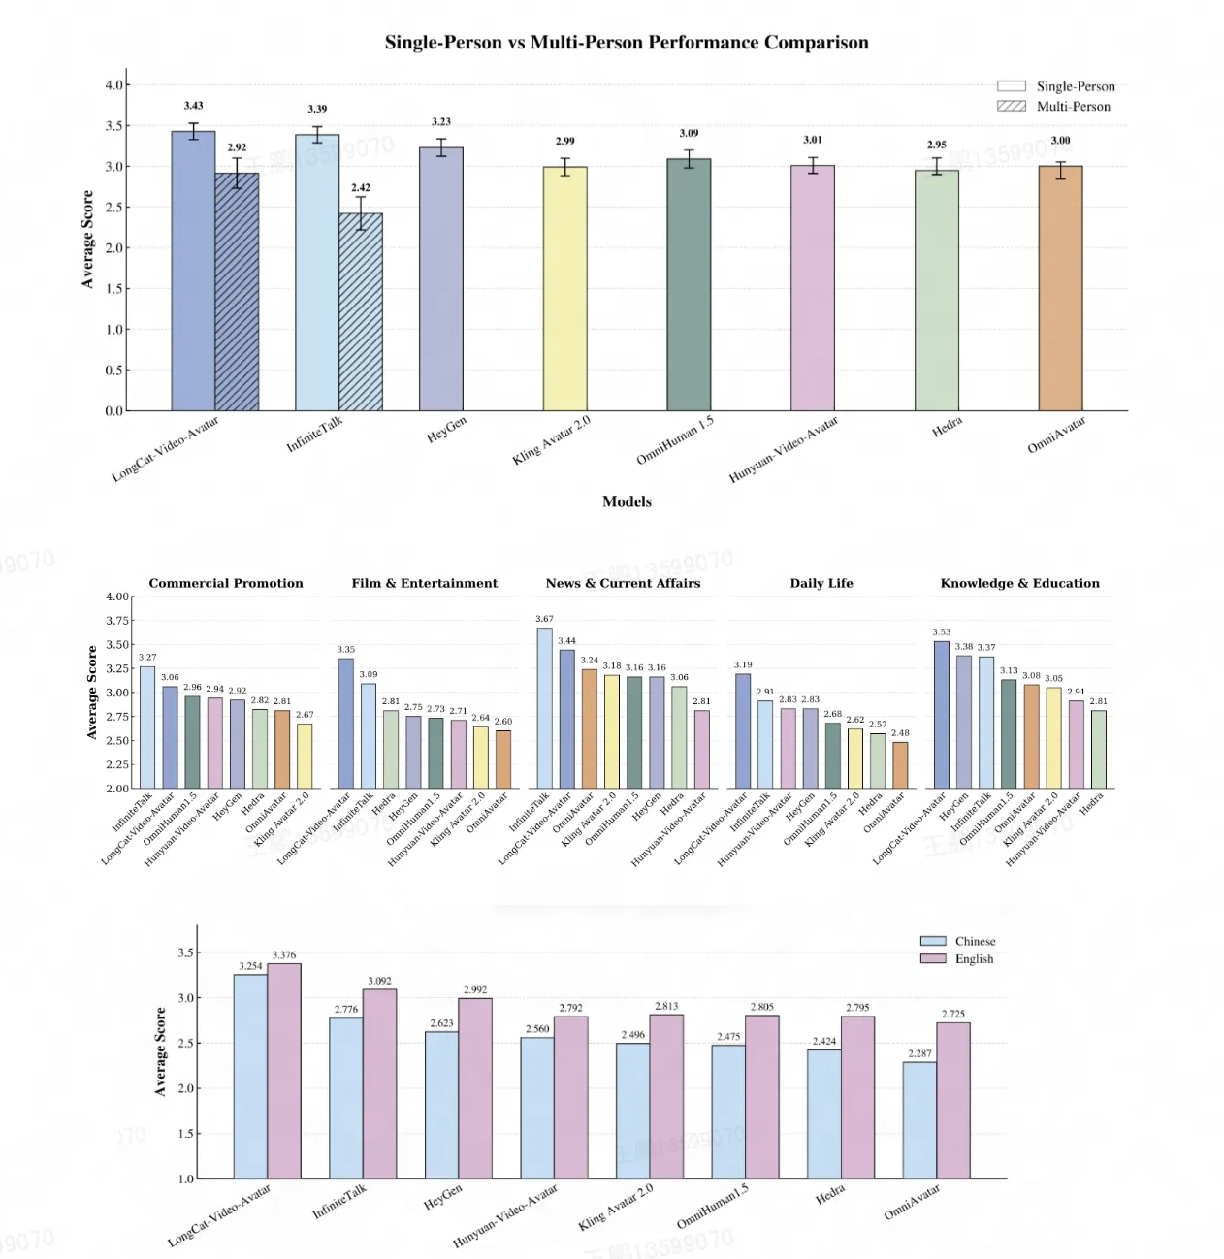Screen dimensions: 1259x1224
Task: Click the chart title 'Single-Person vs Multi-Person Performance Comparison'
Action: coord(626,43)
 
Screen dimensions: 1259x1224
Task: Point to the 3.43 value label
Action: coord(194,106)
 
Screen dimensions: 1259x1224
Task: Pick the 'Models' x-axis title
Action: coord(627,501)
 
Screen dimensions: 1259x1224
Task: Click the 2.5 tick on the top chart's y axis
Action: coord(114,208)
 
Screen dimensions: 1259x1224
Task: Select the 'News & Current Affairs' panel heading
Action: coord(623,583)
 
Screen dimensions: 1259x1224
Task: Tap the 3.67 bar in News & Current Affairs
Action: coord(544,708)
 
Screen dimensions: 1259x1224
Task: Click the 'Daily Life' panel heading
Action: coord(821,583)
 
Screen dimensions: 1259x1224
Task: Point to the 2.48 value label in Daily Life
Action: coord(900,733)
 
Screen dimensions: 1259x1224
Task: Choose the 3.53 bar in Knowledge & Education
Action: coord(941,715)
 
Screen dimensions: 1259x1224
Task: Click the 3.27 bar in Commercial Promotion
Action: coord(147,727)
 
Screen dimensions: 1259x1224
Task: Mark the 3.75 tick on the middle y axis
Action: coord(117,621)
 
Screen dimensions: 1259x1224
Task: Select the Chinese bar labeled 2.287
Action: coord(919,1120)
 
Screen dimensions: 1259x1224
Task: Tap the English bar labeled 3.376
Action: coord(284,1071)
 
